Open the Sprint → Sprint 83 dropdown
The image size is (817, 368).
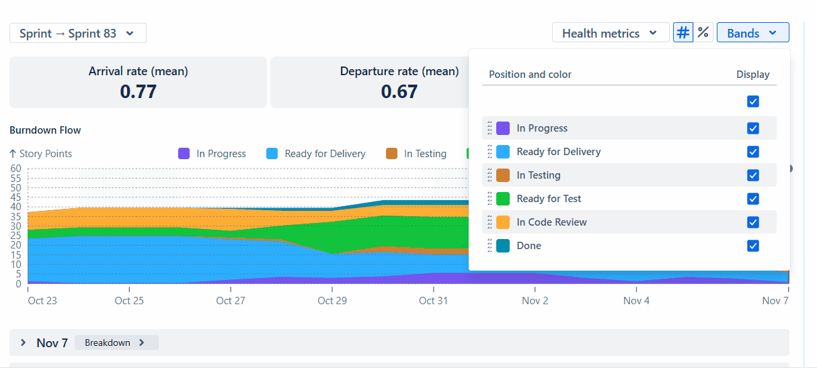[77, 33]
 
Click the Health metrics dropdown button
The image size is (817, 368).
[610, 33]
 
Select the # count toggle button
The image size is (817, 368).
[683, 32]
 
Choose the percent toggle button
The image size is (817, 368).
[703, 32]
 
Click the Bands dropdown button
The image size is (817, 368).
[752, 33]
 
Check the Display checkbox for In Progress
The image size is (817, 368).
[753, 128]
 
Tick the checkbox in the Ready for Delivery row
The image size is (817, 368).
[753, 152]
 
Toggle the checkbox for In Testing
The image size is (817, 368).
[753, 175]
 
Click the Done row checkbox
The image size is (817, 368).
[753, 246]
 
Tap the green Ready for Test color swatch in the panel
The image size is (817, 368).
[503, 199]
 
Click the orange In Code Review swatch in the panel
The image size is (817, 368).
[503, 222]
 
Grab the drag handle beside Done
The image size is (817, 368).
[490, 246]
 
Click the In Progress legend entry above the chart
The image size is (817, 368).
[212, 154]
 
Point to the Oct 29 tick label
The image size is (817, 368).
[332, 300]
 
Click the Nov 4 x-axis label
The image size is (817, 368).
[636, 300]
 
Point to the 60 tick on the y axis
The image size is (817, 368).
[16, 169]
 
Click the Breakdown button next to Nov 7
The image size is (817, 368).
[116, 342]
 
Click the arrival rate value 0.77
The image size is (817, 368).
[138, 91]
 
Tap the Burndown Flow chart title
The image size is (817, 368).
[45, 130]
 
